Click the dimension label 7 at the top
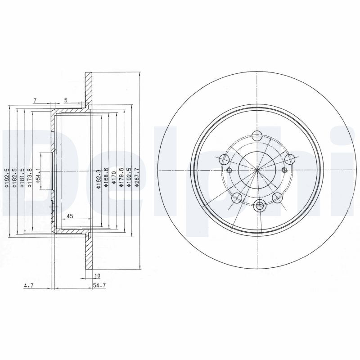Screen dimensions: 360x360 (35, 100)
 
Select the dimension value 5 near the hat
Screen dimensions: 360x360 (66, 100)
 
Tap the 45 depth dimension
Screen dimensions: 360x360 (70, 216)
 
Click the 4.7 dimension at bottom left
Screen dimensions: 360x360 (29, 285)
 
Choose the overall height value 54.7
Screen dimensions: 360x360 (99, 285)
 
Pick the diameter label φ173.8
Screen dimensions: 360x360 (30, 178)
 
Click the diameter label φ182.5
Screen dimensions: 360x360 (14, 178)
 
